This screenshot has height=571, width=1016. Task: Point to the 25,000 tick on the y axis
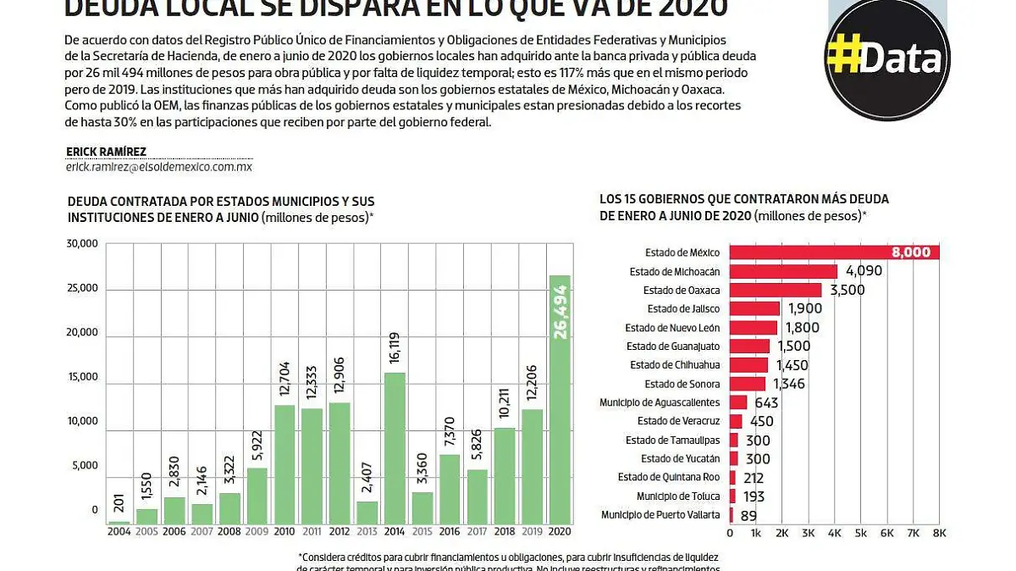pos(83,288)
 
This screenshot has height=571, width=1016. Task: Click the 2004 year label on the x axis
pos(119,531)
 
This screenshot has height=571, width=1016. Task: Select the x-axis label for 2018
pos(505,531)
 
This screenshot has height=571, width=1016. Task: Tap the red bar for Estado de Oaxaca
pos(776,291)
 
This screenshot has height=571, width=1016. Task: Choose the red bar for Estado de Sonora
pos(748,384)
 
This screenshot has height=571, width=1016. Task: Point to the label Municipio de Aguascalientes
pos(660,402)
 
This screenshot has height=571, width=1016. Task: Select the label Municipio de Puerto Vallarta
pos(660,514)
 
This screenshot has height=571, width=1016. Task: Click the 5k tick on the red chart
pos(861,533)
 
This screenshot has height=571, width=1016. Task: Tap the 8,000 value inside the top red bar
pos(910,252)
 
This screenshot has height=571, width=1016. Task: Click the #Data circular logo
pos(886,59)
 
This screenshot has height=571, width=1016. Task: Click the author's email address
pos(159,168)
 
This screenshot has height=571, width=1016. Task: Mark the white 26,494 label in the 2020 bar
pos(560,312)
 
